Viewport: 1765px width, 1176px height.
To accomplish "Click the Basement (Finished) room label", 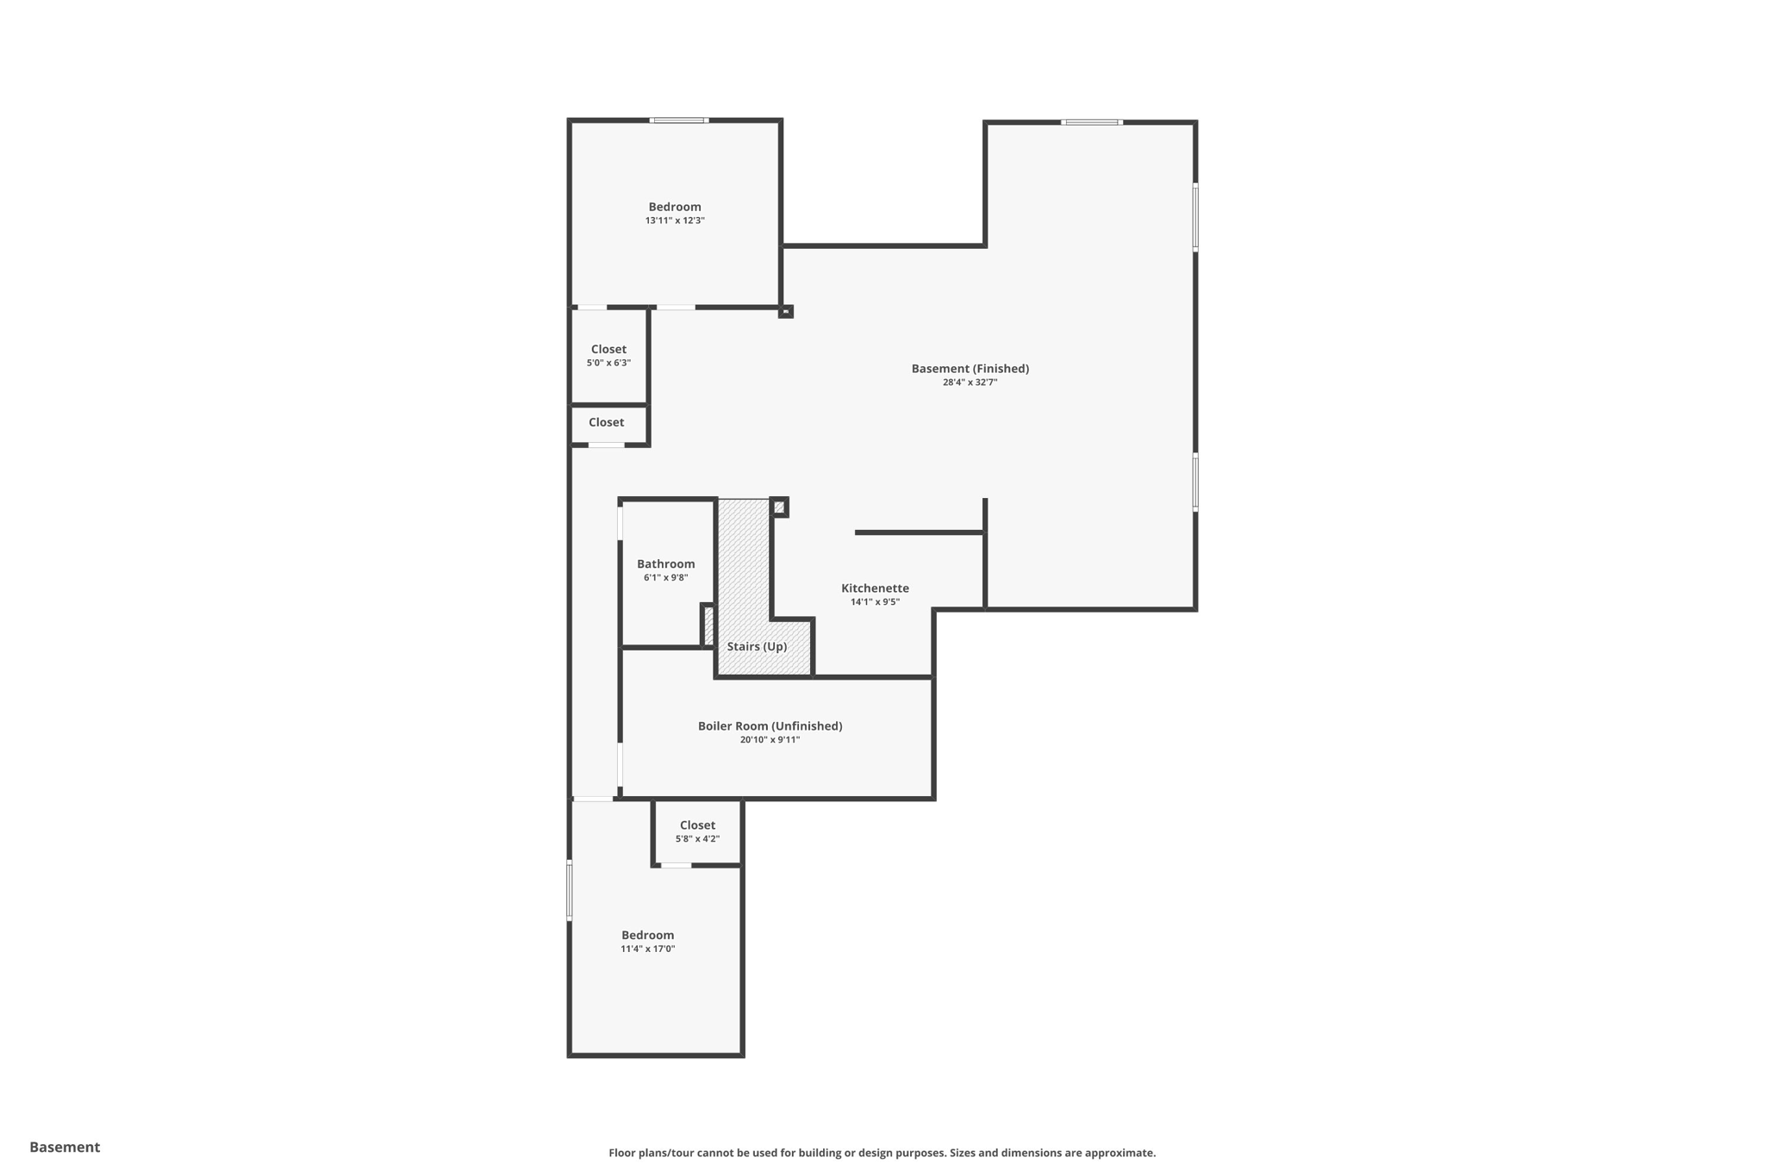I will point(970,369).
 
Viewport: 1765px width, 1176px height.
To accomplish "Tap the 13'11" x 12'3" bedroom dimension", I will point(675,221).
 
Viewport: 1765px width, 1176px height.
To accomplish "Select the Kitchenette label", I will point(875,588).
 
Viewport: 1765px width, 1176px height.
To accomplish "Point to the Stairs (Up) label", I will point(757,647).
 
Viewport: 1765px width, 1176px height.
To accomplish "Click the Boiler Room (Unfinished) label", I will point(770,726).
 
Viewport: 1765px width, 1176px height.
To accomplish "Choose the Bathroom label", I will point(665,564).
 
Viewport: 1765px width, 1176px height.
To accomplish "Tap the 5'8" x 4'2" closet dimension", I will point(697,839).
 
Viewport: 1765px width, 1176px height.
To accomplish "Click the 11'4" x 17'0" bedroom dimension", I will point(647,949).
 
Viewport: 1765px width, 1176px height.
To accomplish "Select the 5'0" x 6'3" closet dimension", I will point(608,364).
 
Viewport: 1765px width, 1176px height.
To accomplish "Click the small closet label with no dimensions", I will point(606,422).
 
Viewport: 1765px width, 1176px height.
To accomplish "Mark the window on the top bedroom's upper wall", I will point(679,121).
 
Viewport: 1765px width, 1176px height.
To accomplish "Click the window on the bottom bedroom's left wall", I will point(569,890).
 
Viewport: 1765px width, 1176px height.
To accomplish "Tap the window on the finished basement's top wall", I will point(1091,122).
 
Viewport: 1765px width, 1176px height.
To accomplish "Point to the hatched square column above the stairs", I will point(779,507).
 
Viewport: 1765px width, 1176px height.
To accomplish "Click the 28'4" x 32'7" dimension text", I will point(970,383).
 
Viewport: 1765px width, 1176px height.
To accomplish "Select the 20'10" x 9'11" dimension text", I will point(770,740).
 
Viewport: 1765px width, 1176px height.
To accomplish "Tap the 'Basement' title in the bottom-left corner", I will point(65,1147).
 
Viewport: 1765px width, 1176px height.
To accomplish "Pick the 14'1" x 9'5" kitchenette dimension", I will point(875,602).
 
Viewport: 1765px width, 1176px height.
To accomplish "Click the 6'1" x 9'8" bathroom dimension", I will point(665,578).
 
